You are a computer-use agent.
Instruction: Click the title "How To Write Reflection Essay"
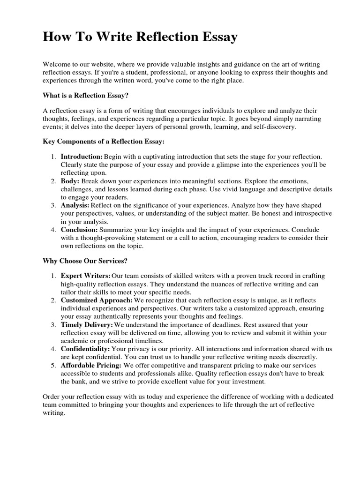click(x=140, y=37)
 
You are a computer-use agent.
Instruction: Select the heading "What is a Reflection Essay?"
click(x=85, y=96)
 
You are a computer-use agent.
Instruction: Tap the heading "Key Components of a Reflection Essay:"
click(x=104, y=141)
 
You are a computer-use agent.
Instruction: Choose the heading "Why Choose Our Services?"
click(x=85, y=260)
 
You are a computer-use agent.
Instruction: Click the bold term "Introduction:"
click(x=82, y=156)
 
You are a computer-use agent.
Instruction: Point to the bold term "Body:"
click(x=70, y=180)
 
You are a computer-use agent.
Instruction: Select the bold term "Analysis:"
click(x=75, y=205)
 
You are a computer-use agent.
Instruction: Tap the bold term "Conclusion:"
click(x=79, y=230)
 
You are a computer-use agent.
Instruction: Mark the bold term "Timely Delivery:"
click(x=87, y=324)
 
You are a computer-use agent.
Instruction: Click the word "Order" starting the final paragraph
click(x=52, y=397)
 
